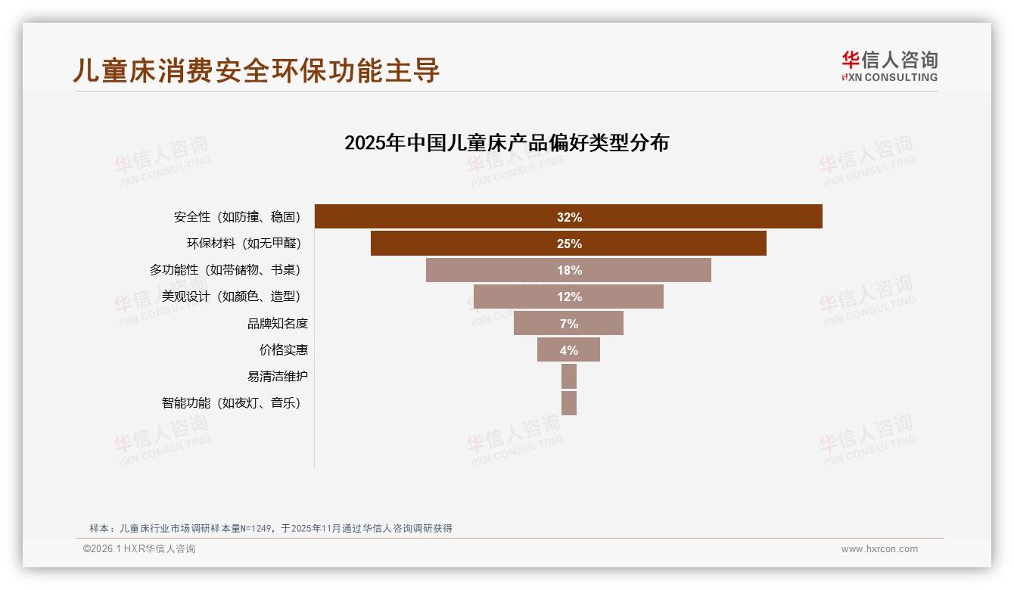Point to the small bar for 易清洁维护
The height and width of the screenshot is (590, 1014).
point(569,376)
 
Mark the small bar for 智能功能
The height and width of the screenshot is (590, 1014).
point(569,402)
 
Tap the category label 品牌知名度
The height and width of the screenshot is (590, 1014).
point(277,323)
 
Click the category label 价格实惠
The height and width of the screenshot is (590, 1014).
point(283,349)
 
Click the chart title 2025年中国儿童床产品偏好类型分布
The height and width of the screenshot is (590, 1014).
point(506,142)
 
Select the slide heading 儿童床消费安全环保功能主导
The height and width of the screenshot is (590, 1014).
point(256,70)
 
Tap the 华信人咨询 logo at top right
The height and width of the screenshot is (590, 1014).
point(890,66)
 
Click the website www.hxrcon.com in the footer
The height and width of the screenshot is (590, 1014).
point(879,549)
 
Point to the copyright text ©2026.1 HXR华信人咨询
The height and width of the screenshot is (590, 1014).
point(138,549)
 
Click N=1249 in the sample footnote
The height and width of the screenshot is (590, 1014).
point(257,528)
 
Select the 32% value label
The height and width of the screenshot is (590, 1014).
point(569,217)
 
